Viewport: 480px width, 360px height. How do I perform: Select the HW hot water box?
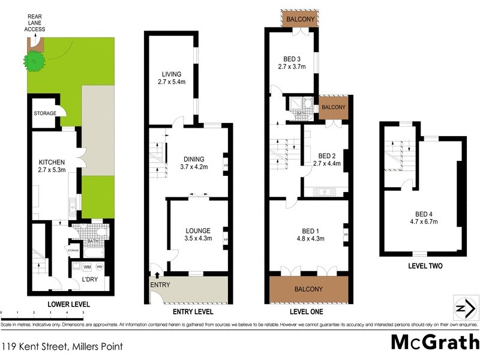[99, 266]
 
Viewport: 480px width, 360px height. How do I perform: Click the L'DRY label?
[89, 280]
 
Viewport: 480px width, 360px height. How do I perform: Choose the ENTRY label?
[160, 284]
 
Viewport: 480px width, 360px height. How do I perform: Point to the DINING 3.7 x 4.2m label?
[194, 163]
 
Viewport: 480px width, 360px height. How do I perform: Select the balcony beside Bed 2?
[334, 107]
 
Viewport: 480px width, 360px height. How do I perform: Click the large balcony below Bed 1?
[308, 289]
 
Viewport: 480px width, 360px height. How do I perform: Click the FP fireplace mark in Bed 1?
[346, 235]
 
